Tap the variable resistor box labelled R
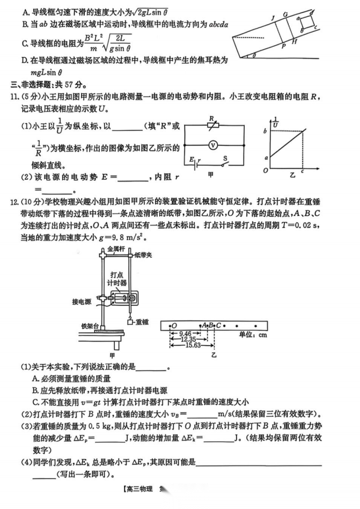pyautogui.click(x=212, y=126)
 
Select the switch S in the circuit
pyautogui.click(x=226, y=162)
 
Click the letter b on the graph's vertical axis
pyautogui.click(x=265, y=131)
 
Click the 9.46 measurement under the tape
pyautogui.click(x=186, y=333)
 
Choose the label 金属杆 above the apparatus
pyautogui.click(x=116, y=249)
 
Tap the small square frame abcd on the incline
pyautogui.click(x=306, y=22)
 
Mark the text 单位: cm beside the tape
pyautogui.click(x=253, y=335)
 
